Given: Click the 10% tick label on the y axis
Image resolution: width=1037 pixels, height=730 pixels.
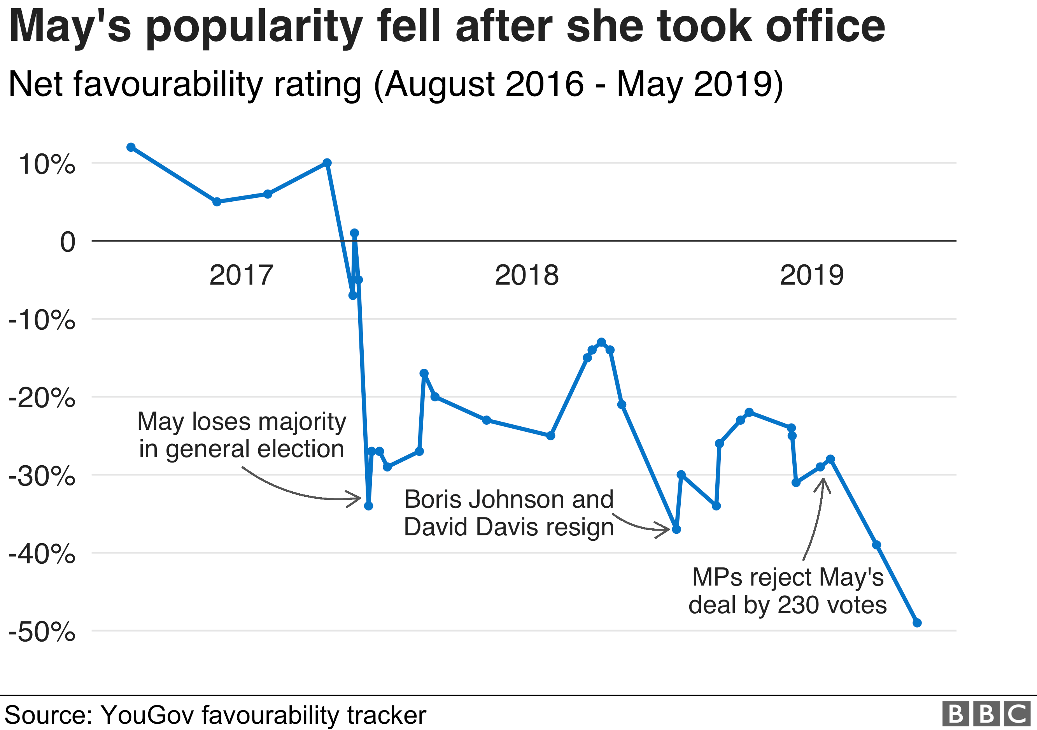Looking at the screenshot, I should coord(47,164).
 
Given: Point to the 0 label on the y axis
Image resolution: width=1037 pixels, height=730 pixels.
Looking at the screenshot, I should coord(68,242).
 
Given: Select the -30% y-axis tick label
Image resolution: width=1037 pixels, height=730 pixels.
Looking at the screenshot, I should coord(42,477).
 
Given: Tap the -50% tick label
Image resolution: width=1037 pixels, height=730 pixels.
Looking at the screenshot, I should coord(42,632).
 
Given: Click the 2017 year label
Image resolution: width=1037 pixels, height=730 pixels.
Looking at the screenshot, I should coord(241,275).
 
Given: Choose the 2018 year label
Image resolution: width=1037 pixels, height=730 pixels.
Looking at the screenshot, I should coord(527,275).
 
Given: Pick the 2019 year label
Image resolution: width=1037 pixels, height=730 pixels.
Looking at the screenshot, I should coord(812,275).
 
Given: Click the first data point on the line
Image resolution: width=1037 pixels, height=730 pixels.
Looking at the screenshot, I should coord(131,147).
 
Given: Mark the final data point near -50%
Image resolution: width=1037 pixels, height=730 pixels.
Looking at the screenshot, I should coord(917,623).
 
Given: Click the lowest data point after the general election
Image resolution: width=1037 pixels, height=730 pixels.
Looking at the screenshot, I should coord(368,506).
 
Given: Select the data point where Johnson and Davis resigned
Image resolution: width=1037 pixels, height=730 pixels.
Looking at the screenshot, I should coord(676,529).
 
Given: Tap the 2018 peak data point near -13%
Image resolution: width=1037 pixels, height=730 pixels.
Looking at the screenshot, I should coord(601,342).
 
